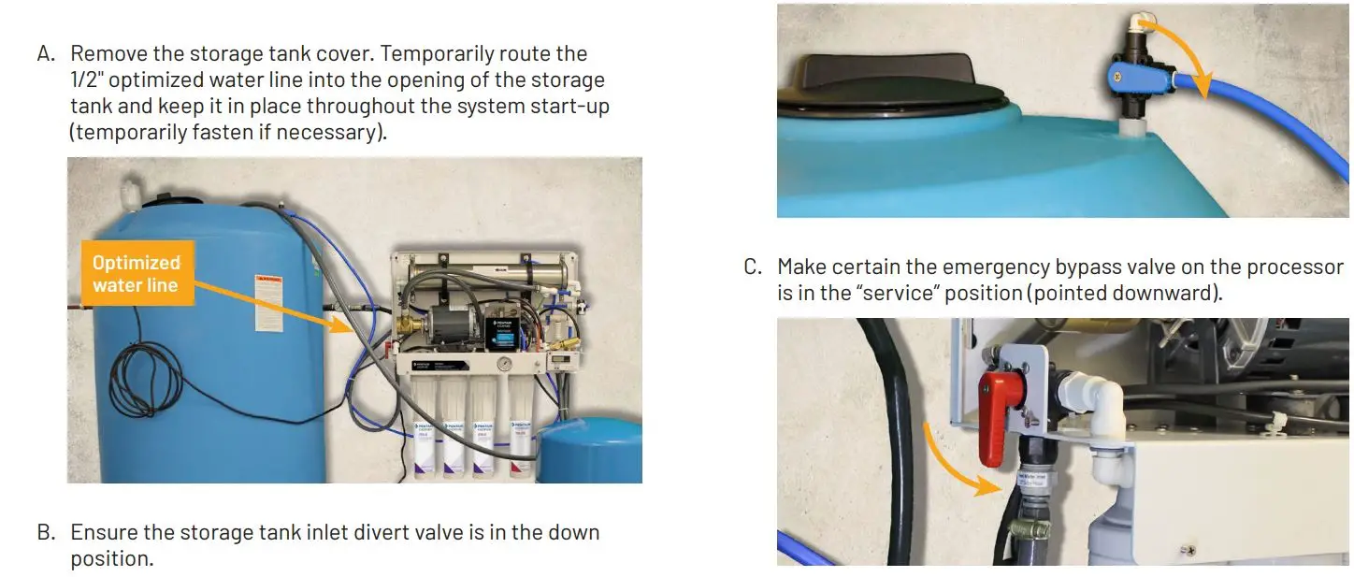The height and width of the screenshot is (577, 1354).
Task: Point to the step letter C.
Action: click(x=753, y=267)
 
